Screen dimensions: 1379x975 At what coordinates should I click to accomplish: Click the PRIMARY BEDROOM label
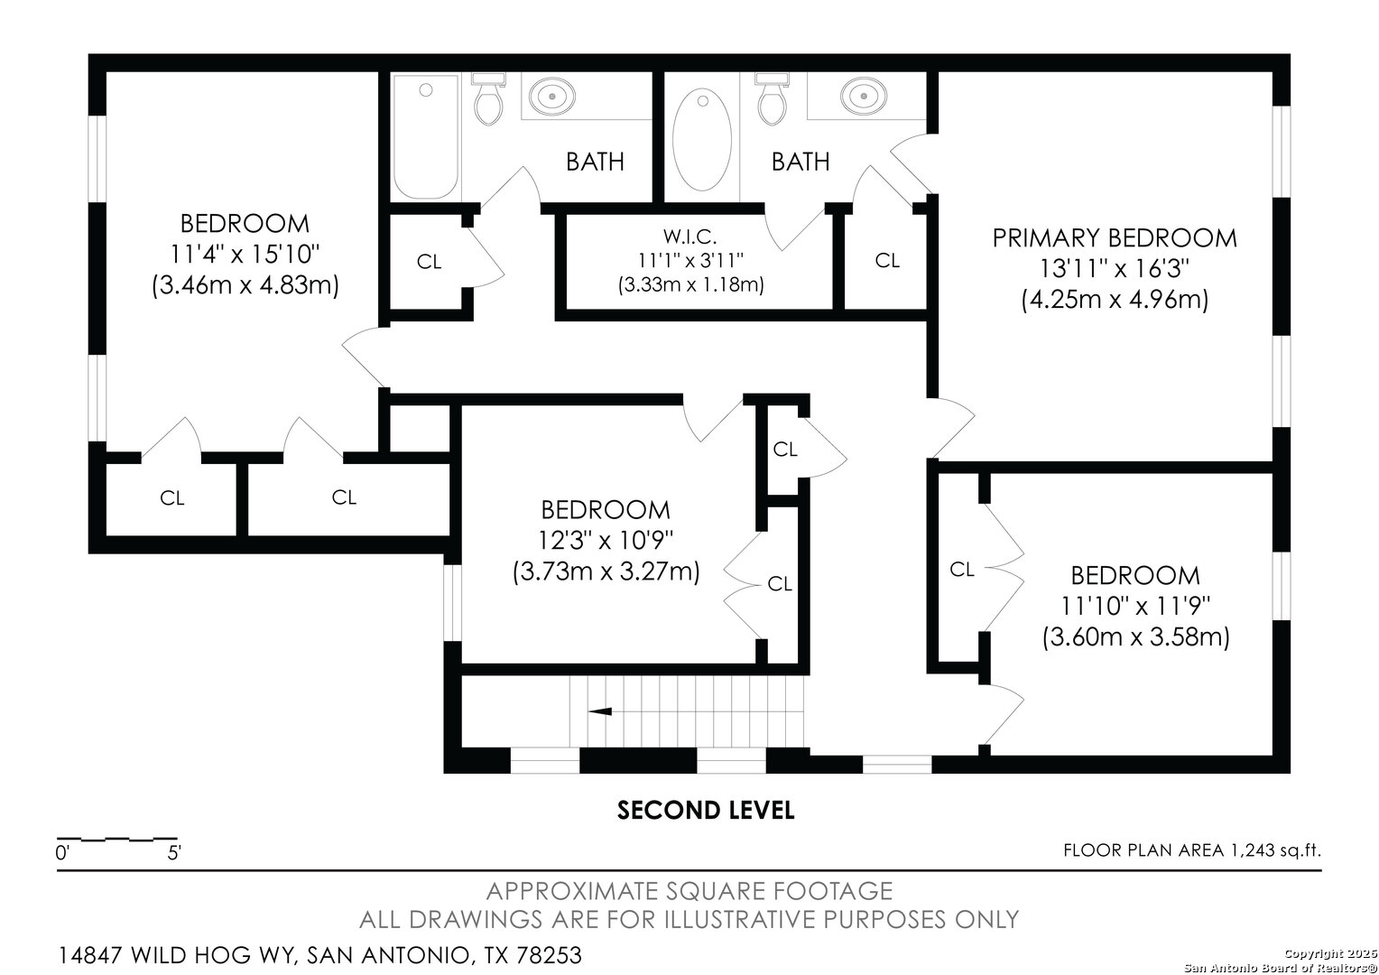pos(1115,238)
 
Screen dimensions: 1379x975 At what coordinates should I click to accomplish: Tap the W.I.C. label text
pos(689,236)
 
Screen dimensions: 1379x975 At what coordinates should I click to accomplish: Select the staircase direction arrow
pos(600,711)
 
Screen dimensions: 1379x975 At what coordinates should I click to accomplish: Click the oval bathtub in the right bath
pos(702,139)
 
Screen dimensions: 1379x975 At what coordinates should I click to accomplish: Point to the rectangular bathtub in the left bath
pos(425,136)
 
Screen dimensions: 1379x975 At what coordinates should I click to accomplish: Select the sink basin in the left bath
pos(552,97)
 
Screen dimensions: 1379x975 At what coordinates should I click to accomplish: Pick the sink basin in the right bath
pos(864,97)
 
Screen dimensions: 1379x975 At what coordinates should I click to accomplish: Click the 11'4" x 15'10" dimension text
pos(245,254)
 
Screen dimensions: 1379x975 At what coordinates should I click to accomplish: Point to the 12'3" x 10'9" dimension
pos(606,540)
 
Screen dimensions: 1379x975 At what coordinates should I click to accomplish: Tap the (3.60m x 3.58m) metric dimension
pos(1136,636)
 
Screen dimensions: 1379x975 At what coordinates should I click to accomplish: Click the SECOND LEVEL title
pos(706,810)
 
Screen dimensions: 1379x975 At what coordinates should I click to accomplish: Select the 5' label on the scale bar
pos(174,852)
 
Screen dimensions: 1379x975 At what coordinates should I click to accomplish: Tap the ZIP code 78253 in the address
pos(549,955)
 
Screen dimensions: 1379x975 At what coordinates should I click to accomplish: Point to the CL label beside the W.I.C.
pos(887,261)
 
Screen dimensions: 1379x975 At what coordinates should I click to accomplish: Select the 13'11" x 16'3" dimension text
pos(1115,268)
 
